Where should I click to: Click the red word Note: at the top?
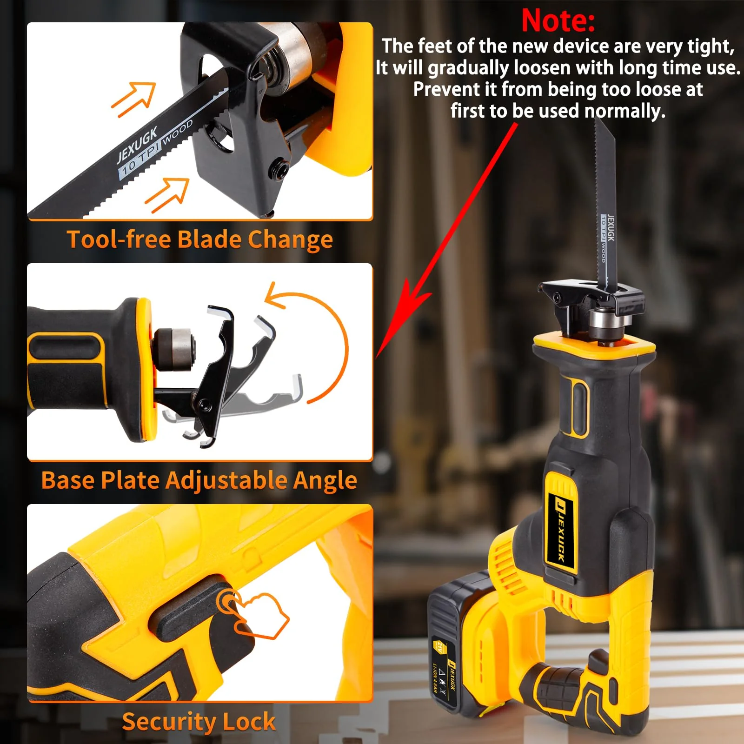point(558,20)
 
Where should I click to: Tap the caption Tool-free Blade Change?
point(200,240)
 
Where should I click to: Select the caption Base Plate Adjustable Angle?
point(199,480)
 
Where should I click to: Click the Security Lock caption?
point(199,721)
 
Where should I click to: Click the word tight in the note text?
point(710,47)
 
